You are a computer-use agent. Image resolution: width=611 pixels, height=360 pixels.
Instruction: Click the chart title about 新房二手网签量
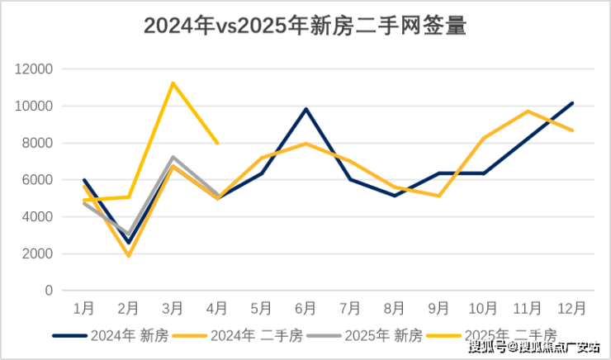[305, 26]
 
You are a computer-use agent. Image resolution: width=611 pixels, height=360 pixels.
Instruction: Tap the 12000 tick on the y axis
[34, 69]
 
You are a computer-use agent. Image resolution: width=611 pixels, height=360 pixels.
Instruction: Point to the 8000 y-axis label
[37, 143]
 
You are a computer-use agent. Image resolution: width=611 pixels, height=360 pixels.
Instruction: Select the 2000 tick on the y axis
[37, 253]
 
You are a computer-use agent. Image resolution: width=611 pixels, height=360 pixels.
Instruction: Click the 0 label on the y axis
[49, 291]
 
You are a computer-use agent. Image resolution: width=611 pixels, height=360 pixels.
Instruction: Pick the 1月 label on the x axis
[84, 308]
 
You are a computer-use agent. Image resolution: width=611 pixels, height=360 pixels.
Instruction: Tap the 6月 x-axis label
[305, 308]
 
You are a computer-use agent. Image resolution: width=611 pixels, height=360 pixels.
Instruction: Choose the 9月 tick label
[438, 308]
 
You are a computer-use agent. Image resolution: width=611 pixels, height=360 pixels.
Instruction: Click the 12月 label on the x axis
[571, 308]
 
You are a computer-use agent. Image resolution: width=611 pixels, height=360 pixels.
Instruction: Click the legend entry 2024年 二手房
[239, 335]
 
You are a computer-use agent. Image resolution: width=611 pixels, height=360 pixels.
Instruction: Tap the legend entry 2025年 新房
[367, 335]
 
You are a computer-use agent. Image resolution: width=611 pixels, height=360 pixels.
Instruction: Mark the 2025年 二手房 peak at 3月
[173, 83]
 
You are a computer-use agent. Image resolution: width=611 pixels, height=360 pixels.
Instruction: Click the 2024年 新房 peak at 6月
[305, 109]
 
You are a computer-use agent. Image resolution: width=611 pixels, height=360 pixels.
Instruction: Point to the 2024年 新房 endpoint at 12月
[572, 103]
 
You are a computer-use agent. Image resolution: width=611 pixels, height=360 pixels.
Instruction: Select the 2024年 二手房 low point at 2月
[129, 256]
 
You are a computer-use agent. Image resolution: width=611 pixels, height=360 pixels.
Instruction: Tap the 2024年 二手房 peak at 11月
[528, 111]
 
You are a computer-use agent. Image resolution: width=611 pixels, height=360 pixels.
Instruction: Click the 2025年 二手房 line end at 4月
[217, 143]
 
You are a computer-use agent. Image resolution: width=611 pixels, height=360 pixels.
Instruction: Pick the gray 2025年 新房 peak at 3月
[173, 157]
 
